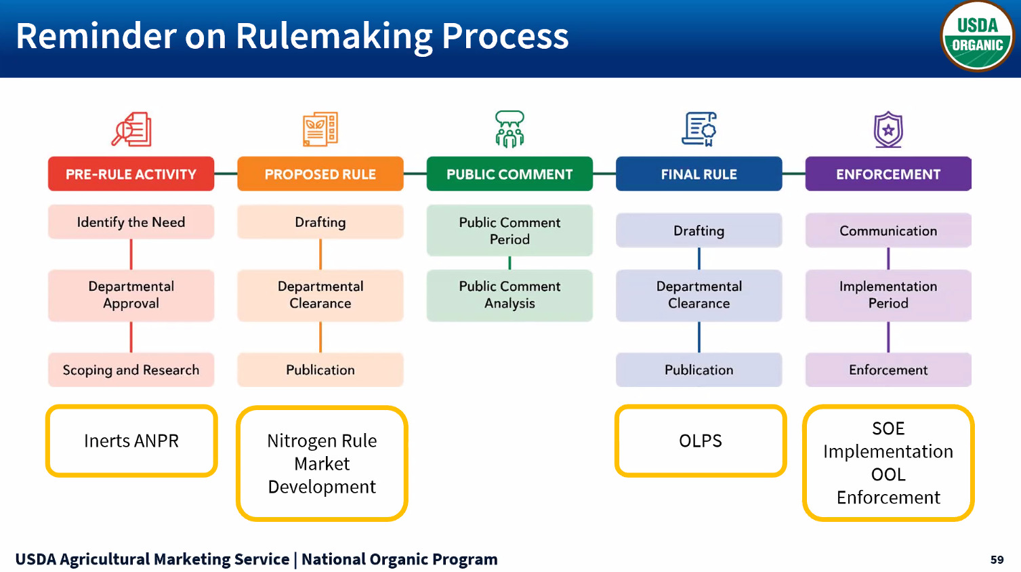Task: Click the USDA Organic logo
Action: point(976,36)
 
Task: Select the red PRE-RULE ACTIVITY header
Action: point(131,174)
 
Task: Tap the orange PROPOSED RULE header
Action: point(320,174)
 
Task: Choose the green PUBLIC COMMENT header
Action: point(509,174)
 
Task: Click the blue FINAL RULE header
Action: point(699,174)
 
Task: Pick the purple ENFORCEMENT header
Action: point(888,174)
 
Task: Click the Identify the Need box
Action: point(131,222)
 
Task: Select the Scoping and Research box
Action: point(131,370)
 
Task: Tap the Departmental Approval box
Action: point(131,295)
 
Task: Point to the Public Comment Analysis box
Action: point(509,295)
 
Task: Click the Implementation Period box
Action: point(888,295)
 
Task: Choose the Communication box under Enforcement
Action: point(888,231)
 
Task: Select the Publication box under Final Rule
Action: point(699,370)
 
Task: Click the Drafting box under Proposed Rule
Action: point(320,222)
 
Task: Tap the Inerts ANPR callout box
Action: point(131,441)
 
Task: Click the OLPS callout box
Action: point(700,441)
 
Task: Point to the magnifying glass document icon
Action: point(131,129)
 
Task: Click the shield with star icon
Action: point(888,129)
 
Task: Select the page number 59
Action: point(997,560)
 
